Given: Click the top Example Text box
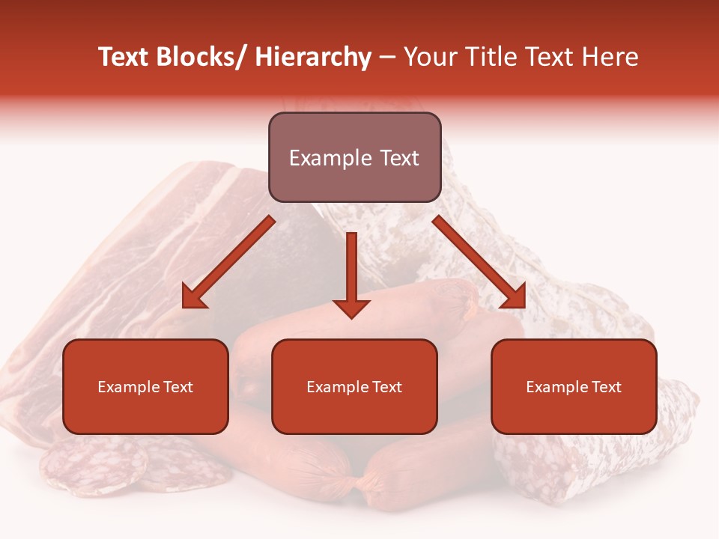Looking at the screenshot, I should (x=354, y=157).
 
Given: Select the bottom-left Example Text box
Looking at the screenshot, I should (x=145, y=386).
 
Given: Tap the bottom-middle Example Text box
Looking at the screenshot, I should (x=354, y=386).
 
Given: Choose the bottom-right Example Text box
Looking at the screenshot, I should (x=574, y=386).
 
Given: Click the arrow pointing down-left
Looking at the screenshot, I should (x=228, y=262).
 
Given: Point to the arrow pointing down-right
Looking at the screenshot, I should (x=479, y=262).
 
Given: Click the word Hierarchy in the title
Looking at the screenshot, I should (x=313, y=58).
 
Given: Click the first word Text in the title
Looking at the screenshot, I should (x=124, y=58).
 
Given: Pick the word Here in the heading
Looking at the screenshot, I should (x=613, y=58).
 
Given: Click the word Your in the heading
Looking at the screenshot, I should (x=431, y=58).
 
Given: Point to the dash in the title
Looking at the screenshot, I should (x=387, y=58).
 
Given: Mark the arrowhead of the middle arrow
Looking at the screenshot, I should (x=351, y=307).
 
